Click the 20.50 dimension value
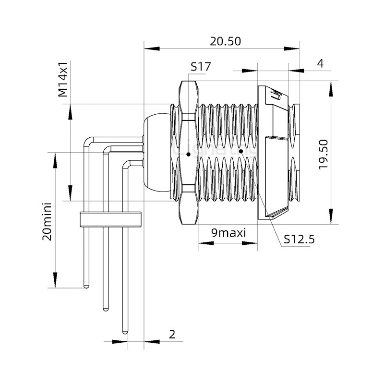click(x=225, y=41)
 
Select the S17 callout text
click(x=200, y=67)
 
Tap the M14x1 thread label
click(x=63, y=79)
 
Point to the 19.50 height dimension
click(x=323, y=154)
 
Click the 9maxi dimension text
click(x=228, y=233)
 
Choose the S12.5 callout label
click(x=299, y=239)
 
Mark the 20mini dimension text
click(x=47, y=221)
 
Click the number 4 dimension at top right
click(x=320, y=63)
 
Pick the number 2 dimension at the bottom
click(x=172, y=335)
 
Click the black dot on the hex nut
click(x=189, y=155)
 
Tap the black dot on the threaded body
click(x=241, y=151)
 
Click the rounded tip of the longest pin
click(x=125, y=331)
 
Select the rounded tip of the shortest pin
click(x=86, y=286)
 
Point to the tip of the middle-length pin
click(x=105, y=308)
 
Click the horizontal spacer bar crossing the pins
click(x=110, y=219)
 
